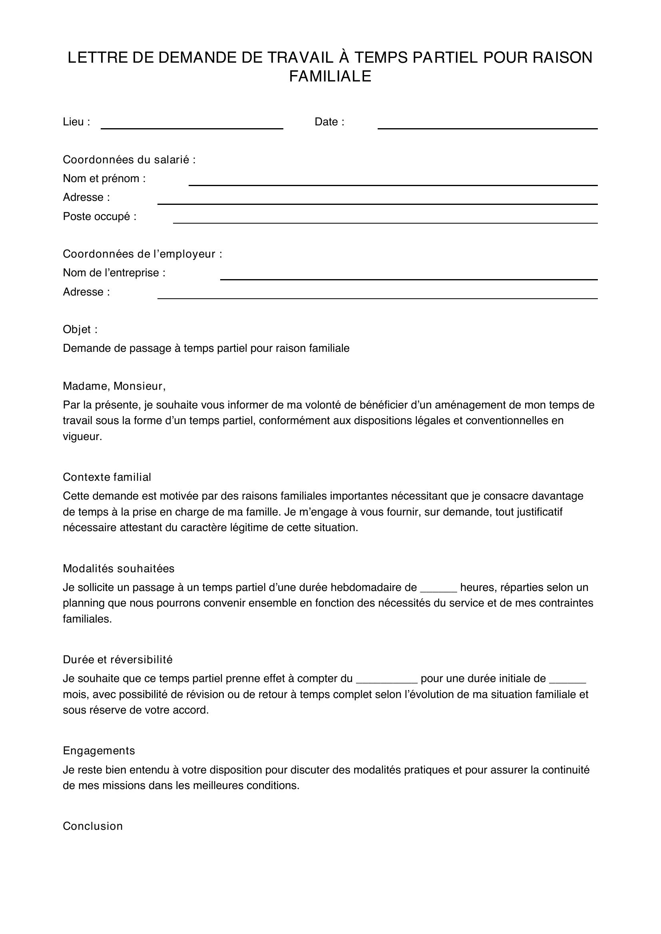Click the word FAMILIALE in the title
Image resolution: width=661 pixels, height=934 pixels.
(x=330, y=77)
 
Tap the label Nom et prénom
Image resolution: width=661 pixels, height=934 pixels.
(x=104, y=178)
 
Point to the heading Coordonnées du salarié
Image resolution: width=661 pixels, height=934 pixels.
(x=129, y=160)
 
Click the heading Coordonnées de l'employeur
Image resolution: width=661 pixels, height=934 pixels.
(x=142, y=254)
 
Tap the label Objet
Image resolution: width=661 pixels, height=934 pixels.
(x=80, y=329)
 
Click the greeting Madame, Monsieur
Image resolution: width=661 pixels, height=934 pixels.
(x=114, y=386)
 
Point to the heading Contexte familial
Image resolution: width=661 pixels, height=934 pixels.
(x=107, y=477)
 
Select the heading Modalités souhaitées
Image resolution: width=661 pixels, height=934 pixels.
(x=118, y=569)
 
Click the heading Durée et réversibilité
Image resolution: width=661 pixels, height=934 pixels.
(x=117, y=660)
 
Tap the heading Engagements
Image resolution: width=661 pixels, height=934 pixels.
(x=99, y=751)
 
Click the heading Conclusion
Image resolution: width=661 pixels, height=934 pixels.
(x=93, y=826)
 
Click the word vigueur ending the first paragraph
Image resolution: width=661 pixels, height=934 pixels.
(x=82, y=437)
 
